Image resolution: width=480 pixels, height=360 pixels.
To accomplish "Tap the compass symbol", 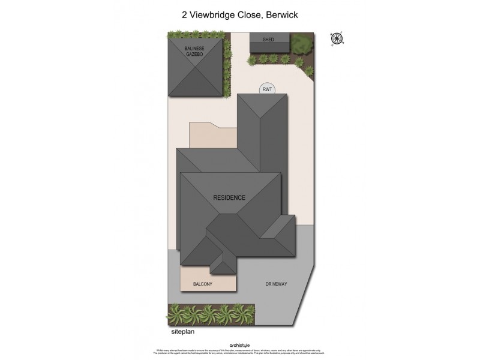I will [337, 39].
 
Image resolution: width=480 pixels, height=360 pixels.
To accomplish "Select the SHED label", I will [269, 40].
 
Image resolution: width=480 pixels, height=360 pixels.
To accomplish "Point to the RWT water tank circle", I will [268, 89].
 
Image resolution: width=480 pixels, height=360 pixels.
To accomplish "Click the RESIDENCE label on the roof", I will [229, 197].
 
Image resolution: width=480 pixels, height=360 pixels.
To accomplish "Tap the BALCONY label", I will [203, 283].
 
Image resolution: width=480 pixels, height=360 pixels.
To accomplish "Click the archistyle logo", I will [239, 344].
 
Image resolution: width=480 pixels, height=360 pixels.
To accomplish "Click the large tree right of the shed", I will [302, 43].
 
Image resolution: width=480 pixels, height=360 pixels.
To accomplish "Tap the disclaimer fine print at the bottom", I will [239, 352].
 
